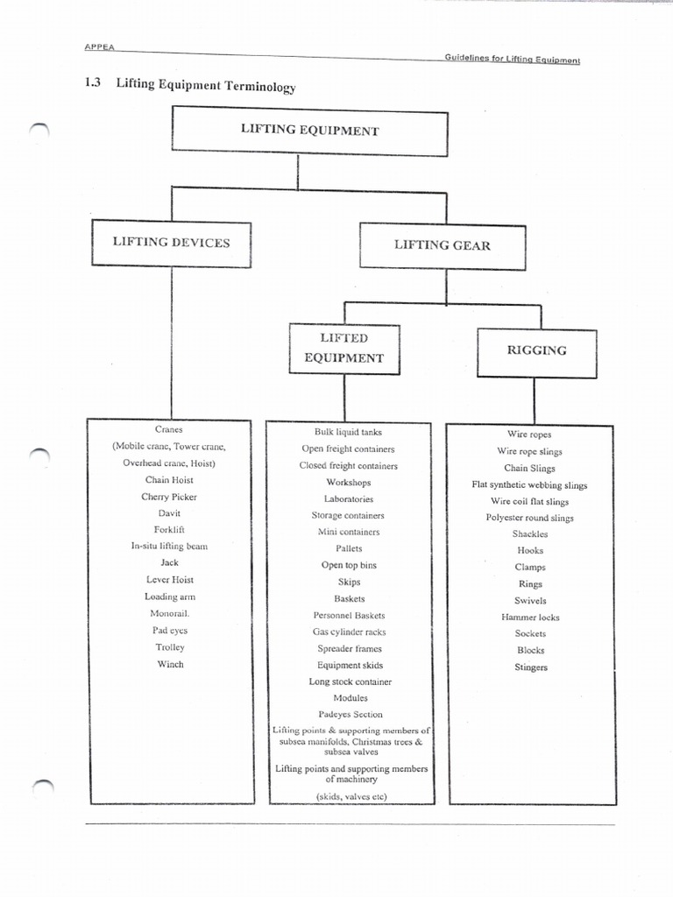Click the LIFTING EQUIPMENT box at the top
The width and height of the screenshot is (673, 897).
click(x=309, y=131)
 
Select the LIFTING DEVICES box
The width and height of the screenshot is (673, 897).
click(x=171, y=243)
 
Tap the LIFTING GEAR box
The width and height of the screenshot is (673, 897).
click(x=442, y=245)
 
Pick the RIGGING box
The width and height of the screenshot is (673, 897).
click(x=536, y=350)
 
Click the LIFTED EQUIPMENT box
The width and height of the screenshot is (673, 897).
click(x=344, y=348)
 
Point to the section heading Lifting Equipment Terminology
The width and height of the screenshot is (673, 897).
click(x=206, y=87)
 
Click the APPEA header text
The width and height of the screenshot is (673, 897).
click(x=101, y=47)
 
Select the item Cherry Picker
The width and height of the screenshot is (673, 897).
click(x=169, y=497)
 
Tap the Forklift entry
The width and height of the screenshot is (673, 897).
click(x=169, y=530)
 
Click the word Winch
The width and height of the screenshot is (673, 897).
click(x=170, y=664)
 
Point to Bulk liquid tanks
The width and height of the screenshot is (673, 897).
click(x=348, y=432)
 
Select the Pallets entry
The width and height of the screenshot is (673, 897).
click(x=348, y=548)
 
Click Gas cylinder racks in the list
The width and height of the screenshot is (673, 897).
click(x=349, y=632)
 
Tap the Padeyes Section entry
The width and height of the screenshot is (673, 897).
click(x=350, y=715)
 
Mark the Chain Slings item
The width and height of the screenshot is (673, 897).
click(x=529, y=469)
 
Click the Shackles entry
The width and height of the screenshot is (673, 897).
click(x=530, y=534)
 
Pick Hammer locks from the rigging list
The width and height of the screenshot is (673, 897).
click(x=530, y=618)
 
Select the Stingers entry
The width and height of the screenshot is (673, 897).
click(x=531, y=667)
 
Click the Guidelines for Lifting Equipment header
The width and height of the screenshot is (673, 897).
click(x=512, y=60)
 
